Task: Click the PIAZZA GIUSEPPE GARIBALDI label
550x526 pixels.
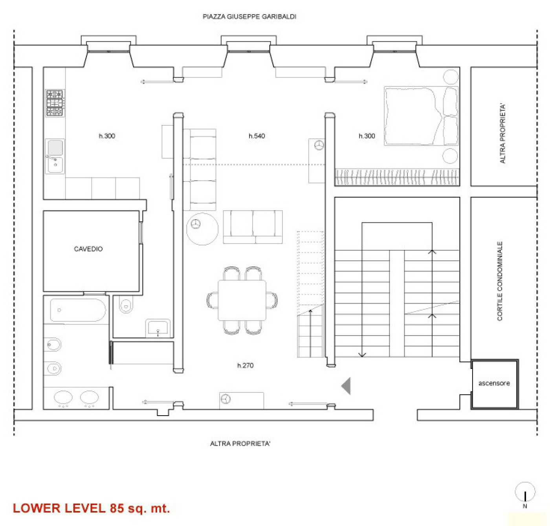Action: click(x=249, y=16)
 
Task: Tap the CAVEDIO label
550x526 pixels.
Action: click(x=88, y=249)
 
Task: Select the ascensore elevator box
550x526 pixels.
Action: click(x=494, y=384)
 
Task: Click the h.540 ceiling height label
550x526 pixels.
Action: click(x=257, y=136)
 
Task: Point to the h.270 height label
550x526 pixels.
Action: click(x=245, y=365)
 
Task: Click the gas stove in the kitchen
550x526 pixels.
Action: click(x=55, y=103)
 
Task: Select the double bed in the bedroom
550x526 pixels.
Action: click(x=421, y=116)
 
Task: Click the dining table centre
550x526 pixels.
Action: click(x=242, y=300)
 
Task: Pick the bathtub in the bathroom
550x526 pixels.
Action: click(x=78, y=310)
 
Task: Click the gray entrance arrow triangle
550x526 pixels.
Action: click(x=346, y=386)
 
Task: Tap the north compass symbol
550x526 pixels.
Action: click(x=525, y=492)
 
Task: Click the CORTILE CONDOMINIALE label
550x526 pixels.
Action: click(x=500, y=281)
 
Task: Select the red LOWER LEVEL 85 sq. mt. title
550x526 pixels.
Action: click(x=91, y=508)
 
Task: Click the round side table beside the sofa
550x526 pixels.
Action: click(x=202, y=229)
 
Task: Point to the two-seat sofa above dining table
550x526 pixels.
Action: click(x=253, y=227)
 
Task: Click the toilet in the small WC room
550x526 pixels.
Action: click(x=126, y=304)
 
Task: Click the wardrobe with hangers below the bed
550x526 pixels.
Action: click(x=397, y=177)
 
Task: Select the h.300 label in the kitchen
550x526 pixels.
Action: click(x=107, y=136)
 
